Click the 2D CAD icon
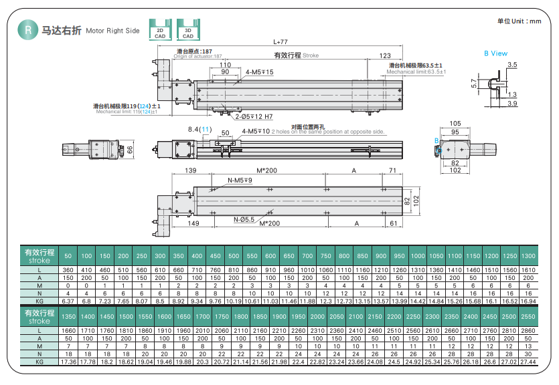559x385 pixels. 159,29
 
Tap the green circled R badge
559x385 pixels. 27,29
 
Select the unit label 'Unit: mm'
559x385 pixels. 519,21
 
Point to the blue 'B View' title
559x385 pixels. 495,53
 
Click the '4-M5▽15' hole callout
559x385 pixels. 260,72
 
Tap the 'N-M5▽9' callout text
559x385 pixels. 240,180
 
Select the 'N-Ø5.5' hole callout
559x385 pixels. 244,219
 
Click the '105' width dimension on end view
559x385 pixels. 455,124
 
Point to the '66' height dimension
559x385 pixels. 131,149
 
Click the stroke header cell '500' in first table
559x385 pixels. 233,257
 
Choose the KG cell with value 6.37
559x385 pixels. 68,301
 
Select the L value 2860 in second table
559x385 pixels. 528,330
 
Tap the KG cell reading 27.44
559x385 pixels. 528,361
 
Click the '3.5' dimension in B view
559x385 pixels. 513,65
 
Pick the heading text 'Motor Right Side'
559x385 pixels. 112,31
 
